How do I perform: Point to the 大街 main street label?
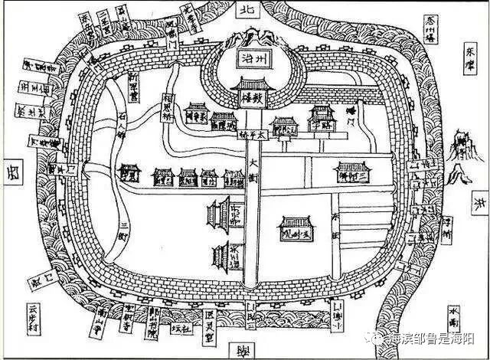[253, 169]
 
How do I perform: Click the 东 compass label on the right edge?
[480, 205]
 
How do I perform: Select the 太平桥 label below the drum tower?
[253, 134]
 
